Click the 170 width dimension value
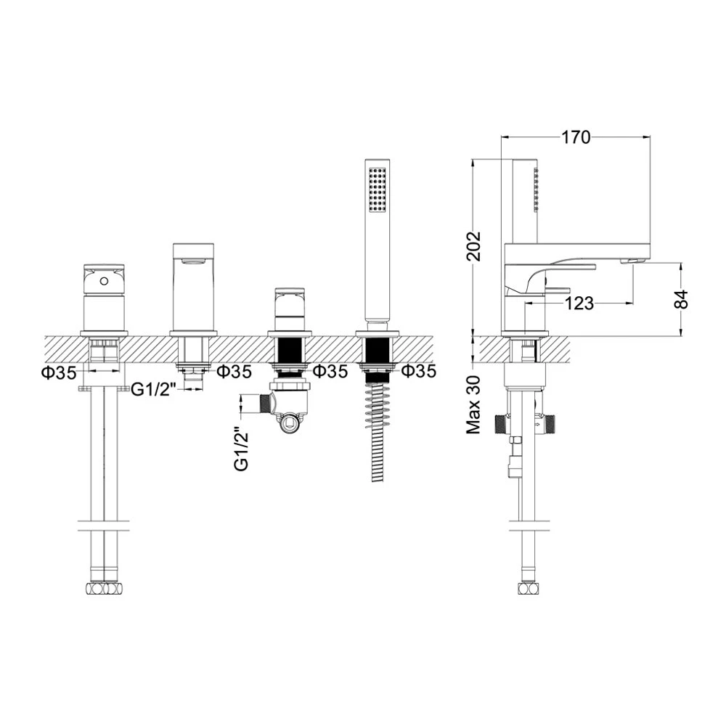[x=576, y=137]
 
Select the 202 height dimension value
[x=473, y=246]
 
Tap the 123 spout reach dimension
[x=579, y=303]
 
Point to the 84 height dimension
[x=681, y=299]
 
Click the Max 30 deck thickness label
[x=473, y=404]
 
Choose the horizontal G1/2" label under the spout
[x=153, y=390]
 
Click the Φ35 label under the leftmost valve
[x=60, y=372]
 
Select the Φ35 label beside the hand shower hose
[x=419, y=371]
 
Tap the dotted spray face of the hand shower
[x=378, y=190]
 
